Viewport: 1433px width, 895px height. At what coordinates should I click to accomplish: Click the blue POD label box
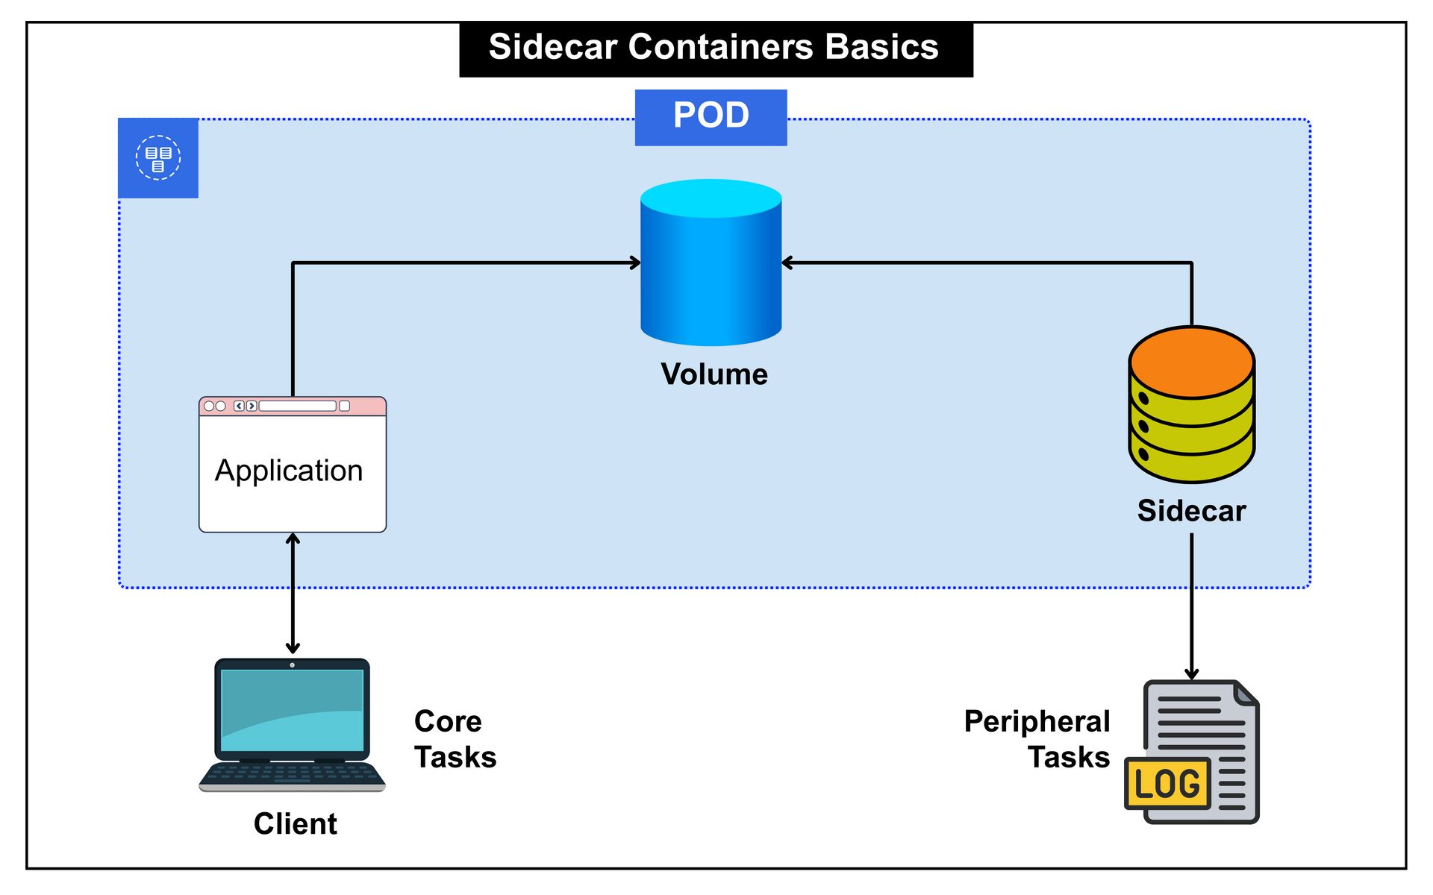click(x=711, y=117)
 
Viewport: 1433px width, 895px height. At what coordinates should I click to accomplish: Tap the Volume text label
click(x=714, y=374)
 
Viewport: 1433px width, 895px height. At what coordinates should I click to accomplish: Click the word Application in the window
click(x=289, y=471)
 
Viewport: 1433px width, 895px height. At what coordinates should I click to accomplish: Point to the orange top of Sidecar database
click(x=1191, y=362)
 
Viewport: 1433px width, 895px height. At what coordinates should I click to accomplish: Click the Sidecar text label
click(x=1191, y=511)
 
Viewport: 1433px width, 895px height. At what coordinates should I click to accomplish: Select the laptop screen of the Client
click(x=292, y=710)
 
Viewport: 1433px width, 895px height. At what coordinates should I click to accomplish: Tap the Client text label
click(x=295, y=824)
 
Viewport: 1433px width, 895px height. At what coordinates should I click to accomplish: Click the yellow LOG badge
click(x=1167, y=784)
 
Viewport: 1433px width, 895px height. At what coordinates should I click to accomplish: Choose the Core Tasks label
click(x=455, y=739)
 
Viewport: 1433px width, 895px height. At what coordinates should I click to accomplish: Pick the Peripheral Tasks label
click(x=1037, y=739)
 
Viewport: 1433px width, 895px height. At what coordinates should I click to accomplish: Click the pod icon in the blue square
click(x=158, y=158)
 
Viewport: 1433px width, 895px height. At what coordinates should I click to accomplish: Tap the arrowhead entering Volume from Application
click(x=635, y=263)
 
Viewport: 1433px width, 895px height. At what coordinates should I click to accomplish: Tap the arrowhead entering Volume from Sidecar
click(x=787, y=263)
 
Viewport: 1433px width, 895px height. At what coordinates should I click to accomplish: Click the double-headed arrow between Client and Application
click(x=293, y=594)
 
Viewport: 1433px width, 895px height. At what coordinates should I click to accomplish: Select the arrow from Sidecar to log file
click(x=1191, y=604)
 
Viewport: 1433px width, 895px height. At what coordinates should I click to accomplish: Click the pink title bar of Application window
click(x=293, y=406)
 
